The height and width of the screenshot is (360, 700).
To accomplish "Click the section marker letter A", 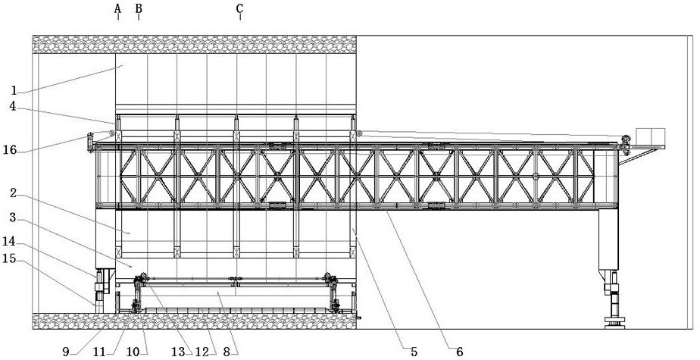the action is [118, 8].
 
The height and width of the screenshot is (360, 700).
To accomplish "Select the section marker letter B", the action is [139, 8].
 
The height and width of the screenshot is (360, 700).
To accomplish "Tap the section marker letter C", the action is [240, 8].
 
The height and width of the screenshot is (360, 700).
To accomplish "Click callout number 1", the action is [14, 91].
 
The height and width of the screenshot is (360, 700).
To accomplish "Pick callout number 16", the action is [10, 150].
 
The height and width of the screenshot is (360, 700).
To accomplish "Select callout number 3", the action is [14, 218].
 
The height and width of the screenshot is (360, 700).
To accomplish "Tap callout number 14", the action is [10, 242].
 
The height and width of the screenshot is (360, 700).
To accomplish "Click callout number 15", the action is [10, 258].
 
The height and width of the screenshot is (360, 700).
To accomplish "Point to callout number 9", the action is [66, 352].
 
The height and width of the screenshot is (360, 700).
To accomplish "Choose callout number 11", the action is [99, 352].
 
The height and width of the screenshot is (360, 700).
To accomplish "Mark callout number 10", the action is [133, 352].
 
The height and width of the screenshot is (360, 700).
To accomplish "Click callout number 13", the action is [178, 352].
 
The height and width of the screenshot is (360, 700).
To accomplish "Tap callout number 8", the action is [227, 352].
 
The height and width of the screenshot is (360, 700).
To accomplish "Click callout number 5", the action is [414, 352].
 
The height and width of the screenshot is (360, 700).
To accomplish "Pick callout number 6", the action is [459, 352].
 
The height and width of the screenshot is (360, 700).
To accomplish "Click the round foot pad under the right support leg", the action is [614, 322].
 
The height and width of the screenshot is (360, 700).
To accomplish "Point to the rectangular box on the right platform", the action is [651, 136].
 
